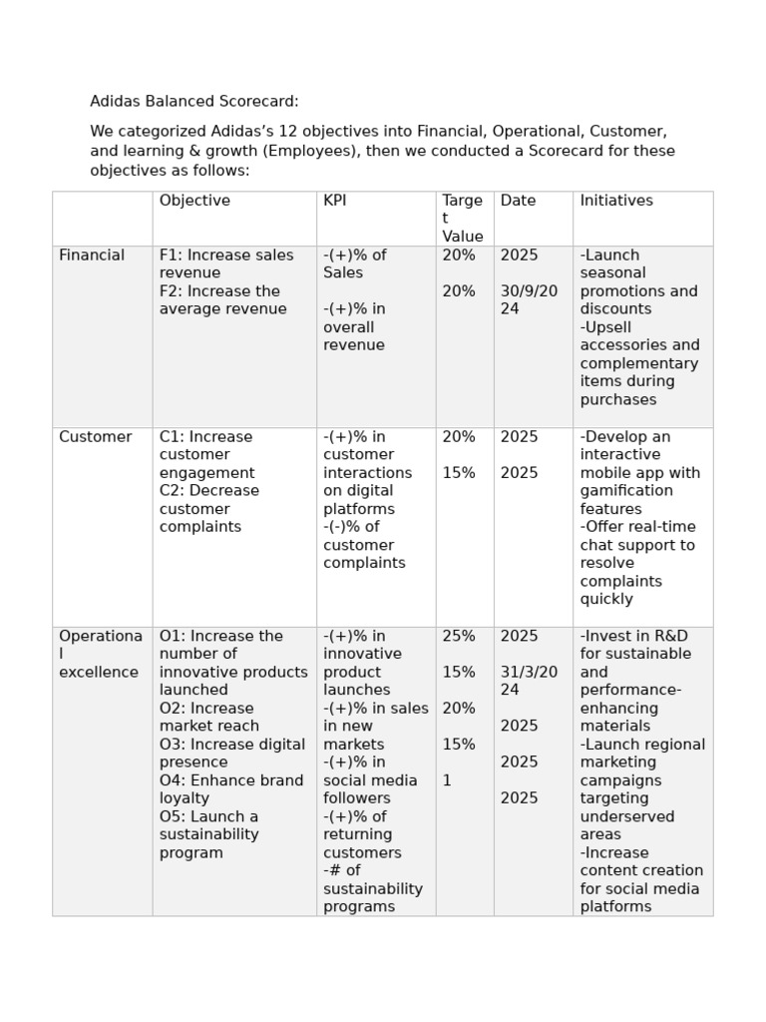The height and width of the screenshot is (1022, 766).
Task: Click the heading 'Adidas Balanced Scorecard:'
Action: coord(194,102)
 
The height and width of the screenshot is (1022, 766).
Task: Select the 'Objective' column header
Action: coord(194,201)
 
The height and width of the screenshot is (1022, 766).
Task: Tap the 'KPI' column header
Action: coord(335,201)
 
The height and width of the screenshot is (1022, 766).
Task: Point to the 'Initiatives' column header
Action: coord(616,201)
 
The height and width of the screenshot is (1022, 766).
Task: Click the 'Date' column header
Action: coord(518,201)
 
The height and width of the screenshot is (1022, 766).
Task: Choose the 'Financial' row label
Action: coord(92,255)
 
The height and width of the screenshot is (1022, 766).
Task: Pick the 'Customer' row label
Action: coord(95,437)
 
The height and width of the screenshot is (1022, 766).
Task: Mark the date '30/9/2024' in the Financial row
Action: coord(529,300)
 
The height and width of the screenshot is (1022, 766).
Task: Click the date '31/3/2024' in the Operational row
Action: coord(529,682)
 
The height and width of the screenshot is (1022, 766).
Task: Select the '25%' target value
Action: coord(459,637)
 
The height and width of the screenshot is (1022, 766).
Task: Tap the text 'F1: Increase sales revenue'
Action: coord(226,264)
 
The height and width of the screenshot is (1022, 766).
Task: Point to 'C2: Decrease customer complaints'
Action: coord(209,509)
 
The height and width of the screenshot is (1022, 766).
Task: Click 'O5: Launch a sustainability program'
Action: coord(209,834)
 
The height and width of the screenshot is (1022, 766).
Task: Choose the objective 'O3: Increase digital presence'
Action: coord(232,754)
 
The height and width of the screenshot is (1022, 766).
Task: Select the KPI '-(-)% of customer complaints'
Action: coord(364,545)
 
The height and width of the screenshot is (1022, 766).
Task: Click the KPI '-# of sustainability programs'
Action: coord(372,888)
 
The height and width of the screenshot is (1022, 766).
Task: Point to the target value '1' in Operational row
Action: coord(447,780)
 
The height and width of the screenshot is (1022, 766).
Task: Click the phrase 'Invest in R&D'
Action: coord(634,637)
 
